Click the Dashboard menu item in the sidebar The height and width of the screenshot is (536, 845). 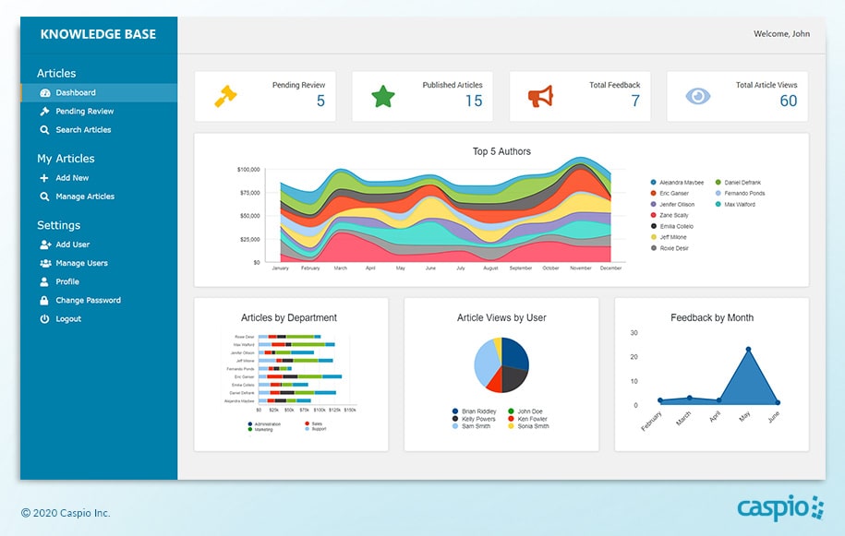[75, 93]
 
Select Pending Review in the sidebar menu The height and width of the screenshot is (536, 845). [84, 112]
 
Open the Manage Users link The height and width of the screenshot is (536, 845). [81, 264]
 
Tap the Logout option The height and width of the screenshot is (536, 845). [67, 319]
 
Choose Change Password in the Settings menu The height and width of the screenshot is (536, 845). [88, 301]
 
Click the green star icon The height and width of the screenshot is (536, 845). [383, 96]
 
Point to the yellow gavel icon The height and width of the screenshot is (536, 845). [226, 96]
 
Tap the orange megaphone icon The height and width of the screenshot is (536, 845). [540, 96]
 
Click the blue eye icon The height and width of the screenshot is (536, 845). [698, 96]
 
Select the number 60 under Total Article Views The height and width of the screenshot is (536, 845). [788, 101]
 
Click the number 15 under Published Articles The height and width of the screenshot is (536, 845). [473, 101]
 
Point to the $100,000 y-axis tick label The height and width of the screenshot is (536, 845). [248, 170]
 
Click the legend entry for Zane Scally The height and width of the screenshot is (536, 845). [673, 216]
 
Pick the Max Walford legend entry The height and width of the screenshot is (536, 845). [739, 205]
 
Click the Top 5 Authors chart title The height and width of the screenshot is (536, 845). [501, 152]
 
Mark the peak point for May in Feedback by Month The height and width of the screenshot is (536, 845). [748, 350]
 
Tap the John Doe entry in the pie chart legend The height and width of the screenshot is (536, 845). [529, 411]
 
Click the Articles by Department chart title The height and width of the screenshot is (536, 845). [289, 318]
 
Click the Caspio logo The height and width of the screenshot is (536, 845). [779, 507]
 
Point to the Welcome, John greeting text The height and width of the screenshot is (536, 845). [781, 34]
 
